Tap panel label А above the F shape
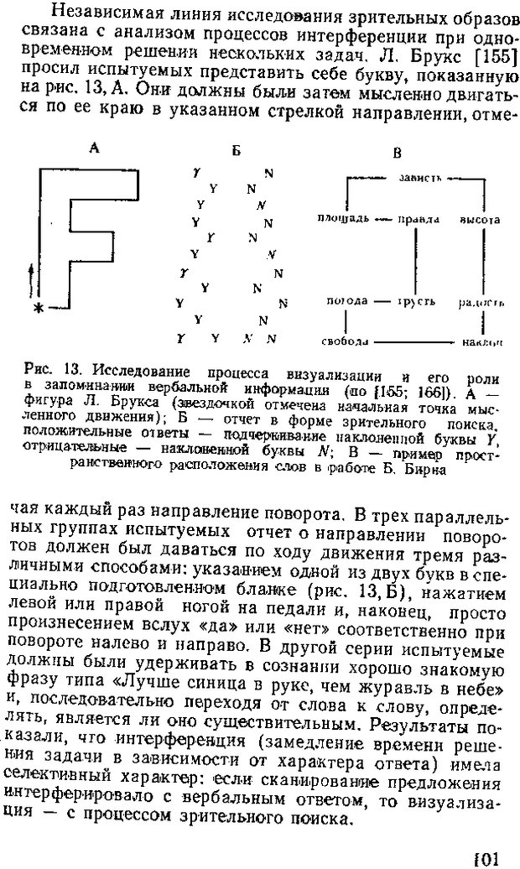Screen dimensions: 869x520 (95, 148)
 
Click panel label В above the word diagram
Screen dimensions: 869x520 (397, 152)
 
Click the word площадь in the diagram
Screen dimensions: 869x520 (343, 219)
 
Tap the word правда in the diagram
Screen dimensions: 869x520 (419, 219)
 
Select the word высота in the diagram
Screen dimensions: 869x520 (480, 219)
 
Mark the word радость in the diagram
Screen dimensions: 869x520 (481, 300)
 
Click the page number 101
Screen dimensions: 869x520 (486, 856)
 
